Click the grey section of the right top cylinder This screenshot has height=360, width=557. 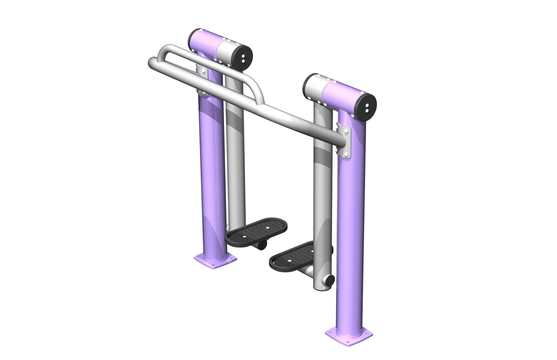tap(314, 87)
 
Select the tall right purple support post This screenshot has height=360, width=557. tap(351, 226)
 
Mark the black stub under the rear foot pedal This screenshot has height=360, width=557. tap(262, 245)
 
